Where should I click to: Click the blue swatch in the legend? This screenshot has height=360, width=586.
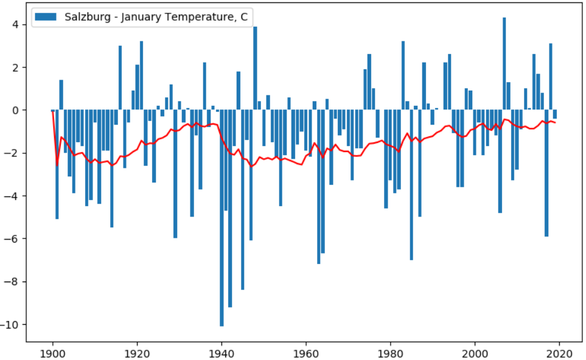47,17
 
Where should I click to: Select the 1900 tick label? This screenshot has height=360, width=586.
52,352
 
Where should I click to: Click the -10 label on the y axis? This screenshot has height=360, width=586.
11,324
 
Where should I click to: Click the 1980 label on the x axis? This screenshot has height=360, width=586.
391,352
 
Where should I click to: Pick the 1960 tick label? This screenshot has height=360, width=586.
306,352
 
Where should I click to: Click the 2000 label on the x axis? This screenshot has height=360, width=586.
475,352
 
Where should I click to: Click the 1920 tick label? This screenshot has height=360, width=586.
137,352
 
